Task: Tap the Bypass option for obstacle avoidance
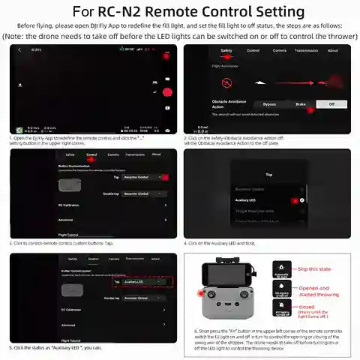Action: tap(268, 104)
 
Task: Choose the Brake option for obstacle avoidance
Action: tap(300, 104)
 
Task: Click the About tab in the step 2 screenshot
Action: tap(332, 51)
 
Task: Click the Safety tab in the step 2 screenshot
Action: tap(226, 51)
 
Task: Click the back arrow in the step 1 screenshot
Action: tap(19, 49)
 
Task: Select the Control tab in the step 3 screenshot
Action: tap(91, 154)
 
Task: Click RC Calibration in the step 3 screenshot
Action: tap(70, 205)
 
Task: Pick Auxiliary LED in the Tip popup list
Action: tap(247, 201)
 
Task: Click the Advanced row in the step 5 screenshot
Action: tap(68, 325)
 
